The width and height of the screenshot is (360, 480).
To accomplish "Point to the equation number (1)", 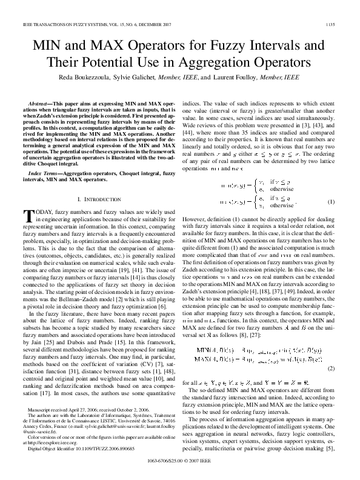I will point(331,201).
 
